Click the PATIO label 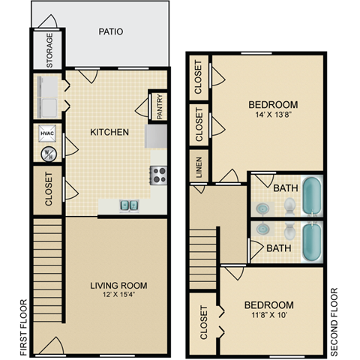[110, 31]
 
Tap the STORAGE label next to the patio [49, 50]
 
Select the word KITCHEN [109, 133]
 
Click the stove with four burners [158, 175]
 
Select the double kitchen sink [129, 205]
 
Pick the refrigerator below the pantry [157, 136]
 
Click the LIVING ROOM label [118, 286]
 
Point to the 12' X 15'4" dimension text [118, 295]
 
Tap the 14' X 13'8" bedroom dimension [273, 115]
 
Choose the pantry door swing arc [142, 105]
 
